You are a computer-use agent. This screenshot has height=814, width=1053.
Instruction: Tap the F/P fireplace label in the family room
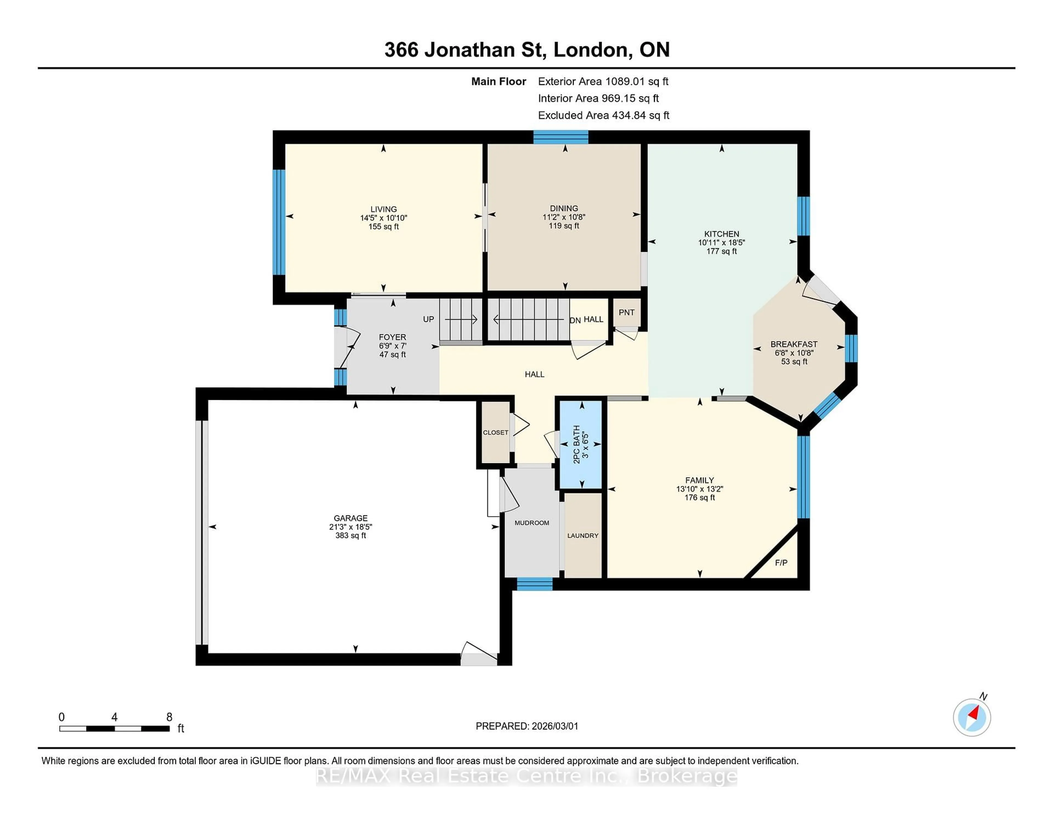point(781,563)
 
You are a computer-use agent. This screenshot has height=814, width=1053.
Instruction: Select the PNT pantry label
point(626,312)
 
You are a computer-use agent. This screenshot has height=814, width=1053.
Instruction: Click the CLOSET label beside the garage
point(496,433)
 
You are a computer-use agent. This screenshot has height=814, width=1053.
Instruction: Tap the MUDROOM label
point(532,523)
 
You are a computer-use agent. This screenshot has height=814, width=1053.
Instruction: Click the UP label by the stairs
point(428,319)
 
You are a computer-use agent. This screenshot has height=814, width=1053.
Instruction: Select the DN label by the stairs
point(575,321)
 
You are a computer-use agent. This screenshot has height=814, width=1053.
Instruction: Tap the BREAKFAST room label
point(794,344)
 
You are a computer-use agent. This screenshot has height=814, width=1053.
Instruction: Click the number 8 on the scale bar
point(169,717)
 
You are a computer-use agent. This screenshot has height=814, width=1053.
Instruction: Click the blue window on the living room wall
point(279,222)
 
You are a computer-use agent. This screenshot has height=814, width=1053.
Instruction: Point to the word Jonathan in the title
point(470,50)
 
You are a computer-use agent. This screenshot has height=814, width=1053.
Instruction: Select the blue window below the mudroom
point(534,584)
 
